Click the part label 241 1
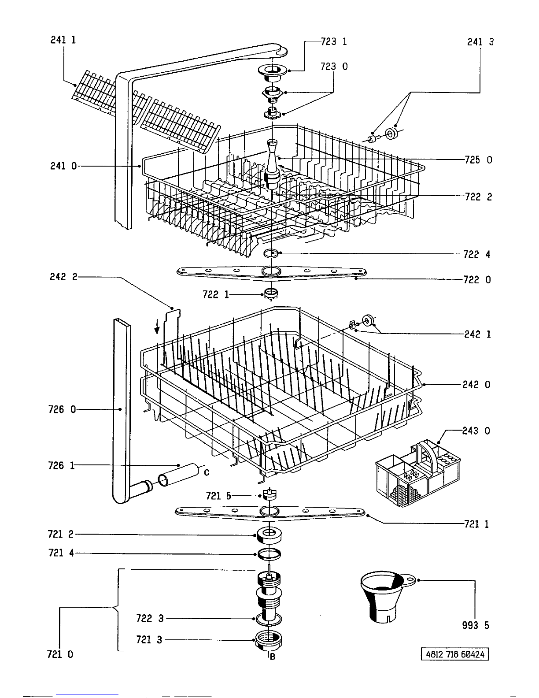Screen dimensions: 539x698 click(63, 40)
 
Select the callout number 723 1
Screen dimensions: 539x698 click(334, 42)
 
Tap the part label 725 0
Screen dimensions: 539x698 click(478, 160)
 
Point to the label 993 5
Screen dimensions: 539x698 click(476, 625)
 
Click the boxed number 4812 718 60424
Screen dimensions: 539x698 click(454, 654)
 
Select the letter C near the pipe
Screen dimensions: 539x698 click(207, 472)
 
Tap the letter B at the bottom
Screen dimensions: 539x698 click(272, 657)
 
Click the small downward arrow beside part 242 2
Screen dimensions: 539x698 click(157, 328)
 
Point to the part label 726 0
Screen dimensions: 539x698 click(62, 409)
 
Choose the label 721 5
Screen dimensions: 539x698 click(218, 496)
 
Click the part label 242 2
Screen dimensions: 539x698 click(63, 277)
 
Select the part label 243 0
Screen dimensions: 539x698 click(476, 431)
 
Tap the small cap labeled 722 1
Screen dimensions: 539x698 click(271, 294)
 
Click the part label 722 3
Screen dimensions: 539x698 click(150, 618)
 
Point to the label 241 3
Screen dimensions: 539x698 click(480, 42)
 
